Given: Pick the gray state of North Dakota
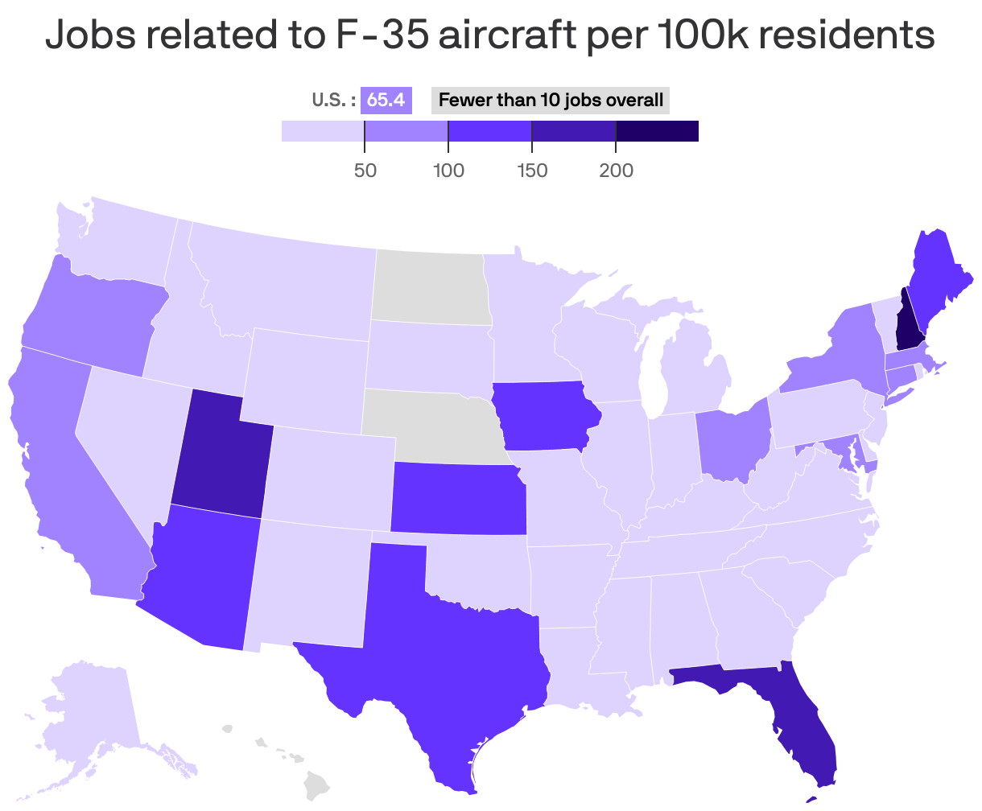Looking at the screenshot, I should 431,286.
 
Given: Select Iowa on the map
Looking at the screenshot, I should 543,414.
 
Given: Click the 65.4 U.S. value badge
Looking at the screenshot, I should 386,101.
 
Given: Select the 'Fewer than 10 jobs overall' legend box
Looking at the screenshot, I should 551,101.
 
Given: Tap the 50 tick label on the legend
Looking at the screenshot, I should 365,171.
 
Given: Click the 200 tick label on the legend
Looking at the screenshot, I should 616,171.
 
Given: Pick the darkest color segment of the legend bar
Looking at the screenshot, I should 657,131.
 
